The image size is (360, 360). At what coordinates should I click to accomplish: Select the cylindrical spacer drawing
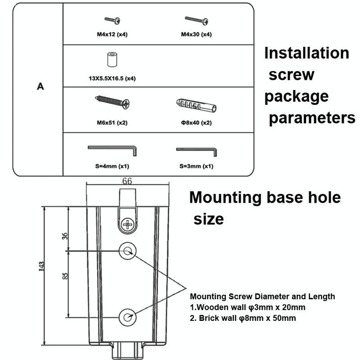(111, 59)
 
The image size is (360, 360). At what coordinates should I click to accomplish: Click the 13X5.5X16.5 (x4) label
(112, 79)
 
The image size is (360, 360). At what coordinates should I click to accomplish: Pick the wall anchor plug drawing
(196, 107)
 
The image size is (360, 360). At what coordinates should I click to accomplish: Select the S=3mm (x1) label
(196, 166)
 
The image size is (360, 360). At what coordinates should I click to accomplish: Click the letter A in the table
(40, 86)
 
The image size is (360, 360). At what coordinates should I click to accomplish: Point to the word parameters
(312, 118)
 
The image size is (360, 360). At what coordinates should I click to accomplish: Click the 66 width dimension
(127, 181)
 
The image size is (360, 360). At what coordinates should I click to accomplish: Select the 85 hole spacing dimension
(65, 276)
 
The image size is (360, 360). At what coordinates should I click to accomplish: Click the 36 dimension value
(65, 236)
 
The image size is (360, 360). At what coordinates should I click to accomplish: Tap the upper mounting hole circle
(127, 251)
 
